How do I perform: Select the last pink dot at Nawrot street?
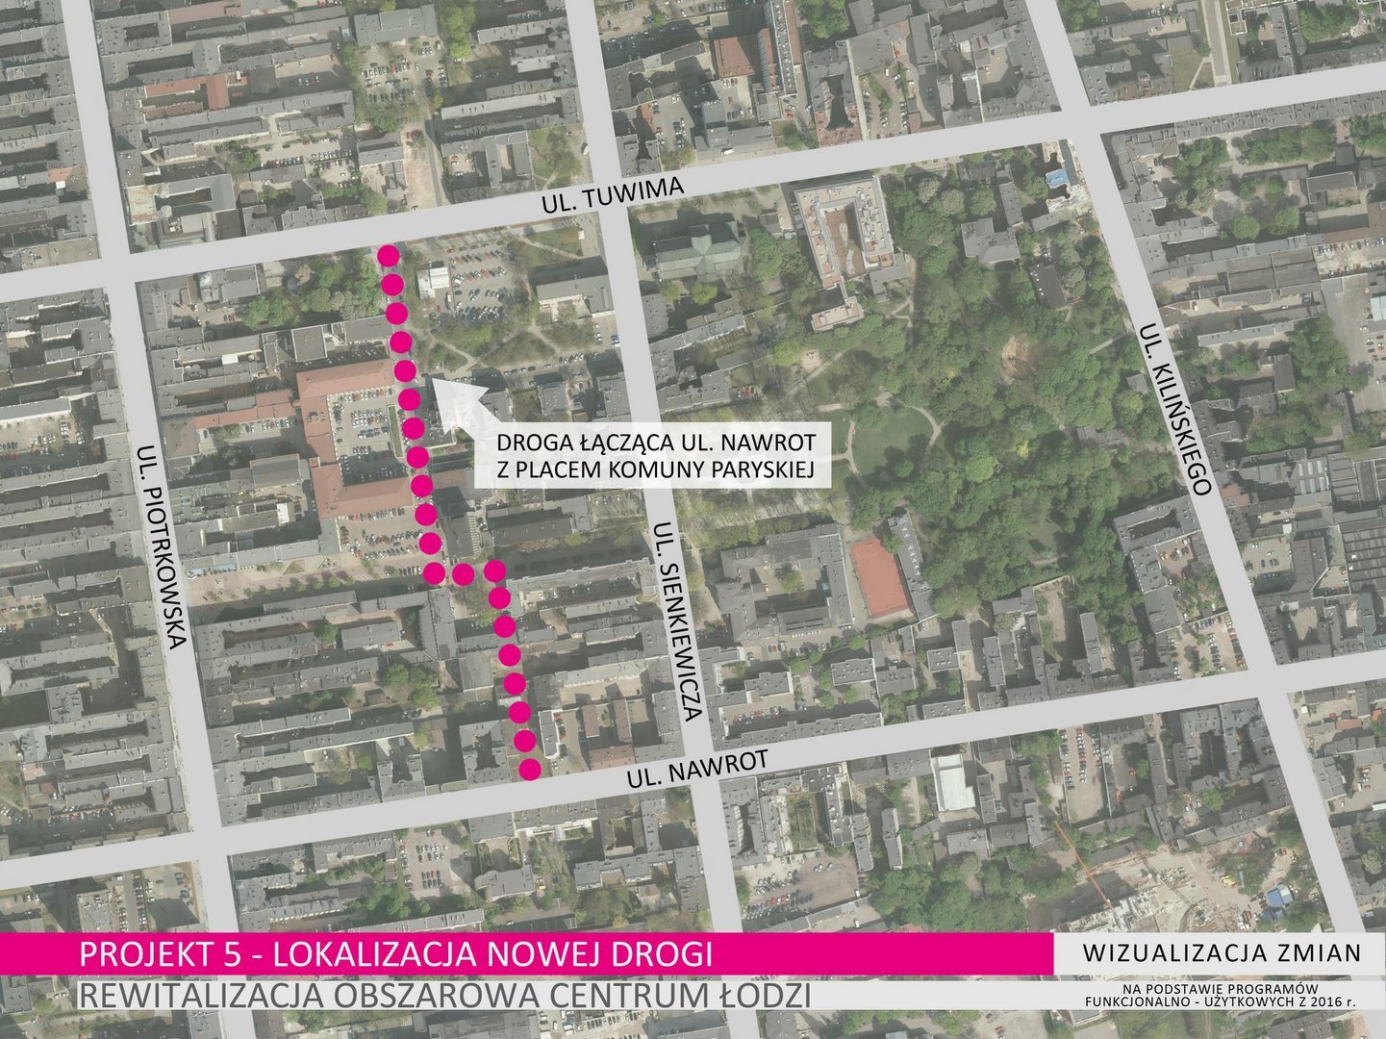529,769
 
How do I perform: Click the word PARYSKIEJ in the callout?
761,469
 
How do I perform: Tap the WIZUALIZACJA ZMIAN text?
1222,953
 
